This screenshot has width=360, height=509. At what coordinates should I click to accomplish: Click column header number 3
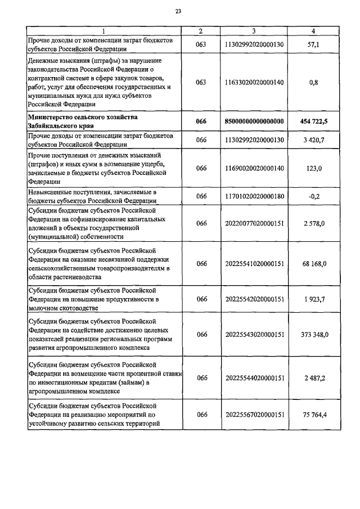coord(254,31)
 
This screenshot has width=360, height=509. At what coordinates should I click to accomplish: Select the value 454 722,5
coord(314,121)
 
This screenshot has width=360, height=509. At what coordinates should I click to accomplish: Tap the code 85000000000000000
coord(254,121)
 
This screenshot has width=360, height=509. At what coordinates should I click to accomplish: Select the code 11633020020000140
coord(254,82)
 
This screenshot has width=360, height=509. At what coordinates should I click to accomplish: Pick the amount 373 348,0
coord(314,334)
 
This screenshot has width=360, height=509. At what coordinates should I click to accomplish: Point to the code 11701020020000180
coord(254,196)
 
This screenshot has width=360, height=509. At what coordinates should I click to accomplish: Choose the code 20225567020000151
coord(254,415)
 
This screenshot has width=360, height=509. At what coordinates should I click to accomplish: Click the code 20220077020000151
coord(254,224)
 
